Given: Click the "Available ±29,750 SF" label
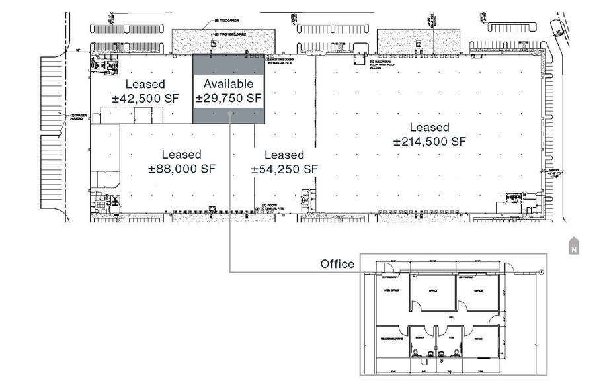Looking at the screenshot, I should click(x=229, y=91).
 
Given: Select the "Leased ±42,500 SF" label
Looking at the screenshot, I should click(x=145, y=91).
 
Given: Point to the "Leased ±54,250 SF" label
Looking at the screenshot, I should click(x=284, y=161).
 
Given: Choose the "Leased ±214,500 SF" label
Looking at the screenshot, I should click(x=429, y=134).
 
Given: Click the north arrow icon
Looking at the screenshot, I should click(x=573, y=245).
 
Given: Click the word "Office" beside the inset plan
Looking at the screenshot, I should click(x=337, y=264).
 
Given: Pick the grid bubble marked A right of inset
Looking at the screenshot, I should click(x=542, y=272).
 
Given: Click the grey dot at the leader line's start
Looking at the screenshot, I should click(x=229, y=114).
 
